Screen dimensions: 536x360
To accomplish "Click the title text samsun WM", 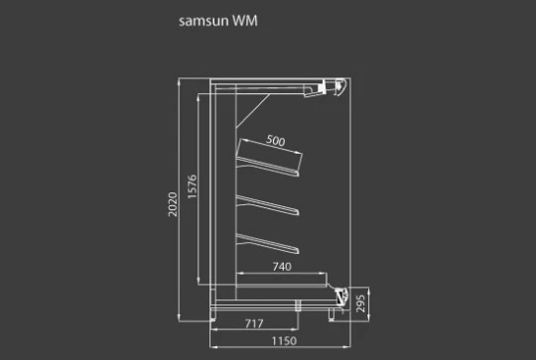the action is (217, 21).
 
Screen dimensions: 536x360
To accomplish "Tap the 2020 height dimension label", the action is (173, 204).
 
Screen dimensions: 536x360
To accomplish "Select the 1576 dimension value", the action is (193, 186).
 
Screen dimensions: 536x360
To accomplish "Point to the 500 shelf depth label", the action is (276, 140).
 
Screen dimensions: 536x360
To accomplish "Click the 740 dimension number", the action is (282, 267).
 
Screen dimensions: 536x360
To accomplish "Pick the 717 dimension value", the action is (254, 323).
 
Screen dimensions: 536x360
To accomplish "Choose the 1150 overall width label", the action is (284, 341).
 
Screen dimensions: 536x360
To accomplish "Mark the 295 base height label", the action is (360, 303).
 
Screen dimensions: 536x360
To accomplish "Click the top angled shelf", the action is (268, 167).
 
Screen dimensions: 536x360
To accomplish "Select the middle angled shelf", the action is (268, 205).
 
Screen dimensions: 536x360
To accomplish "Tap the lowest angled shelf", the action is (268, 244).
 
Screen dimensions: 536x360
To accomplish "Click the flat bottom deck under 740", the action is (282, 281).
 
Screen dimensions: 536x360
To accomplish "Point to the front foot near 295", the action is (332, 315).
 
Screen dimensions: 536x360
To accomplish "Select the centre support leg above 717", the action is (298, 305).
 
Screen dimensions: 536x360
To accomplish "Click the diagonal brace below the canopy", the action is (253, 111).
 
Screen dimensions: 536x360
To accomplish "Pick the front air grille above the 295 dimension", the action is (341, 296).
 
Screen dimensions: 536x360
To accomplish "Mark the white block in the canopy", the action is (322, 88).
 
